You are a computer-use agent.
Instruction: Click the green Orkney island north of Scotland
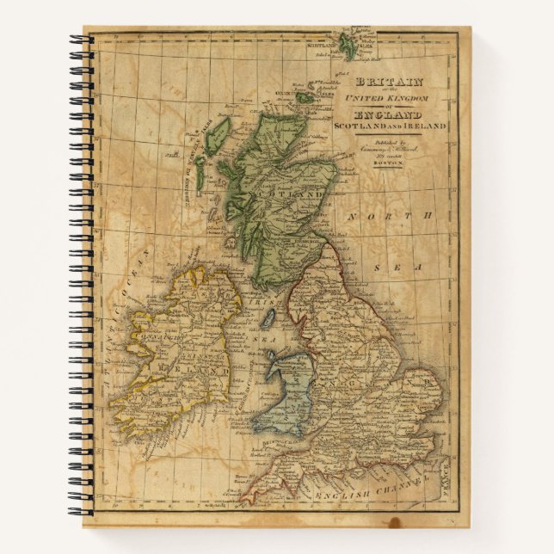pos(306,94)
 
